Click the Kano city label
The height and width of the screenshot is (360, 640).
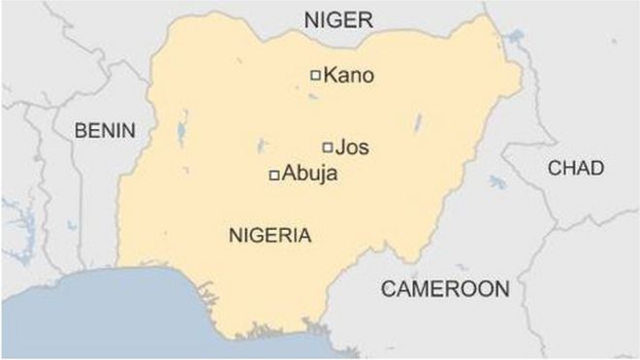click(x=347, y=75)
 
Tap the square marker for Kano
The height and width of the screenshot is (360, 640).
click(x=314, y=75)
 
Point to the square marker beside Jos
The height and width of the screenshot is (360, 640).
click(x=328, y=147)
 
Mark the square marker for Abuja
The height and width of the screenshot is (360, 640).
click(x=274, y=175)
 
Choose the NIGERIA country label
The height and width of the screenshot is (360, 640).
click(x=270, y=235)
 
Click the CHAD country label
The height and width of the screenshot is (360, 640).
click(x=575, y=168)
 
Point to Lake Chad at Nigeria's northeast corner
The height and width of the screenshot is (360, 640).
click(x=513, y=39)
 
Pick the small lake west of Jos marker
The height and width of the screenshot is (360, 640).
click(x=261, y=147)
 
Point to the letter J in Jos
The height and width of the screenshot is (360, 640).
click(x=339, y=147)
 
